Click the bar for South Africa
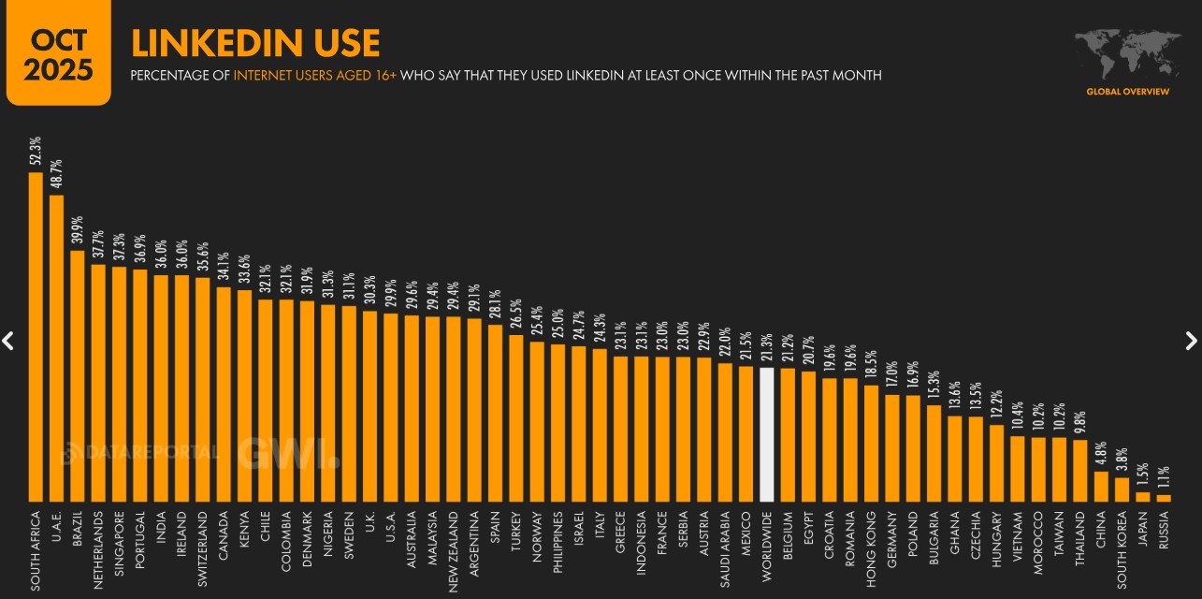(36, 337)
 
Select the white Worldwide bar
(767, 434)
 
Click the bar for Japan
(1143, 496)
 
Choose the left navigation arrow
(8, 341)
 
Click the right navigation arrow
(1191, 341)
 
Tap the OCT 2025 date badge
(58, 53)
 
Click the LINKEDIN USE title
(254, 43)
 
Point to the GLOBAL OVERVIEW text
(1127, 92)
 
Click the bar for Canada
(223, 394)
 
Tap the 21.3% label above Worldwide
(767, 346)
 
